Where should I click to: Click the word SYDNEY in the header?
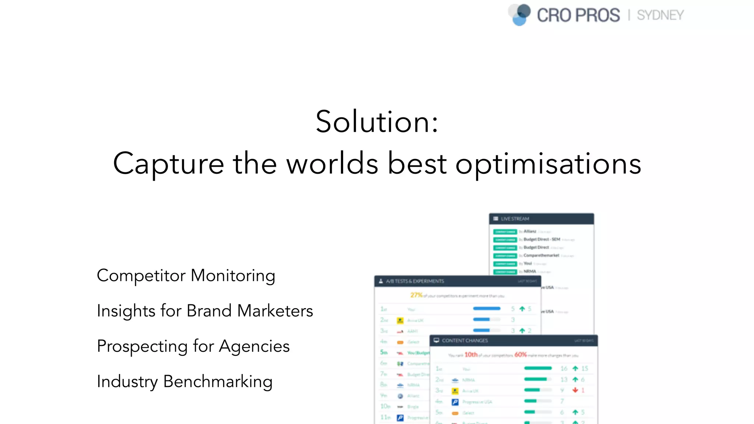pyautogui.click(x=660, y=15)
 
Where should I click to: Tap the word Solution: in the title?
pyautogui.click(x=377, y=122)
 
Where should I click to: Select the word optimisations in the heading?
pyautogui.click(x=548, y=163)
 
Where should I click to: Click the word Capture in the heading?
pyautogui.click(x=168, y=163)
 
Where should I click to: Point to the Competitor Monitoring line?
pyautogui.click(x=186, y=276)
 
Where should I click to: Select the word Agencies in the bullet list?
pyautogui.click(x=254, y=346)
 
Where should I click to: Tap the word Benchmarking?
pyautogui.click(x=218, y=382)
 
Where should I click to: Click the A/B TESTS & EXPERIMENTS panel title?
pyautogui.click(x=415, y=281)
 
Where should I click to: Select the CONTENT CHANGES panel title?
pyautogui.click(x=465, y=340)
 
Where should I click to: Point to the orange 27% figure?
pyautogui.click(x=416, y=295)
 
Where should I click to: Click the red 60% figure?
pyautogui.click(x=520, y=354)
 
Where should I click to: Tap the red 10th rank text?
pyautogui.click(x=471, y=354)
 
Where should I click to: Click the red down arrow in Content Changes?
pyautogui.click(x=575, y=390)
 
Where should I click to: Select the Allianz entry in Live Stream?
pyautogui.click(x=530, y=232)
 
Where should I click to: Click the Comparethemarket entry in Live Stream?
pyautogui.click(x=541, y=255)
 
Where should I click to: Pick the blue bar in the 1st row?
pyautogui.click(x=486, y=308)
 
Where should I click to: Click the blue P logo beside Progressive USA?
pyautogui.click(x=455, y=402)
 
